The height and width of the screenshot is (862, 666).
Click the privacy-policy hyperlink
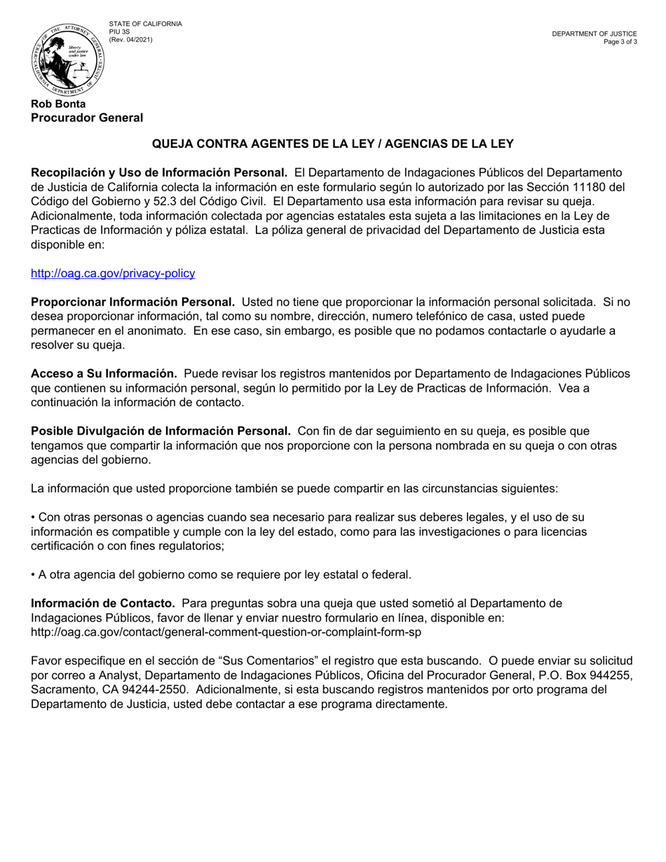tap(113, 273)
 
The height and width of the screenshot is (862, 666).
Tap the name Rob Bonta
tap(58, 104)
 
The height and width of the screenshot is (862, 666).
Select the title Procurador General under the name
tap(87, 118)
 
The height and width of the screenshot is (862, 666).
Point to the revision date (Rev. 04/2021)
tap(130, 39)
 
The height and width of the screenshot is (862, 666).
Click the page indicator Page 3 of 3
tap(620, 41)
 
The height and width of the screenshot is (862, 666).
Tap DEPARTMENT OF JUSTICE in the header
tap(594, 34)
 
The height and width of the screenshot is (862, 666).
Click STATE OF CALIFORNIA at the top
tap(145, 24)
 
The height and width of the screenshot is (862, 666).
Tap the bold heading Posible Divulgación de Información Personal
tap(161, 431)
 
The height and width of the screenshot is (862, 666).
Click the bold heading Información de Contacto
tap(103, 603)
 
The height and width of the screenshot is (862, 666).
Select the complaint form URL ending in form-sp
tap(226, 631)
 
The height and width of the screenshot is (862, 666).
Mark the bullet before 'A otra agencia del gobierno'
tap(34, 575)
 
